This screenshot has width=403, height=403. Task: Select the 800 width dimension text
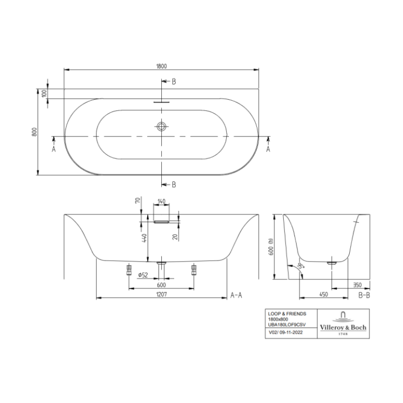click(35, 132)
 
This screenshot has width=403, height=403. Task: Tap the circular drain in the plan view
click(162, 126)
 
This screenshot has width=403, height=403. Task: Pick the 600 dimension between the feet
click(162, 284)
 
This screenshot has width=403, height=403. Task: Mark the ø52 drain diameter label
click(142, 274)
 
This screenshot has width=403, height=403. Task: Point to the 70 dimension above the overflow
click(137, 201)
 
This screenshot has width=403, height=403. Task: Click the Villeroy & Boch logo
click(342, 322)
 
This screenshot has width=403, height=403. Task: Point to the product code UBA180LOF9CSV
click(288, 325)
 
